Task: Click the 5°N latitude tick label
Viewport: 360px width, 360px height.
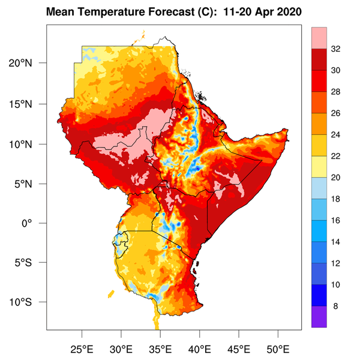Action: [31, 184]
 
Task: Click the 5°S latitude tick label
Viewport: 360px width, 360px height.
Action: [31, 262]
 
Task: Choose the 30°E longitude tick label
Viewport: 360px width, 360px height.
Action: [122, 349]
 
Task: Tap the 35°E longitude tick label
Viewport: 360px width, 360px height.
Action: [161, 349]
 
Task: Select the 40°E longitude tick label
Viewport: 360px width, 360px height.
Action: [200, 349]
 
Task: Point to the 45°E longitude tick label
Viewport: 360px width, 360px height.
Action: [239, 349]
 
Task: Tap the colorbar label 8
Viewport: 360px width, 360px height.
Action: [335, 306]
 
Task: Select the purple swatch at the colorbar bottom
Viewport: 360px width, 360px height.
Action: [319, 317]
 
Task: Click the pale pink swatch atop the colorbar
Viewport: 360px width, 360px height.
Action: [319, 38]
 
